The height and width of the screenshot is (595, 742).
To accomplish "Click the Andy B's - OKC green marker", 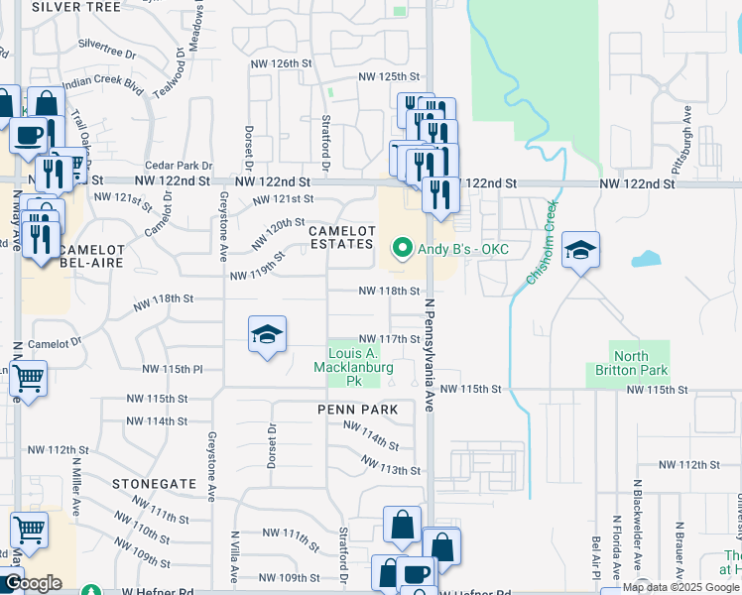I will (x=402, y=249).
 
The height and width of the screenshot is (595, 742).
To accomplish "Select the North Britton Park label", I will (x=640, y=364).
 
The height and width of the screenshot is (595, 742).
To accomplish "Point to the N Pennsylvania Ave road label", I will (x=431, y=342).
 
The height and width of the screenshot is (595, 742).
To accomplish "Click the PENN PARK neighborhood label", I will (x=357, y=409).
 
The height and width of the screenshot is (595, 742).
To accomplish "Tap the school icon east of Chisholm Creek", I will (x=580, y=251).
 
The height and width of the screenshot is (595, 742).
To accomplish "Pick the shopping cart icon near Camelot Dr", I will (x=29, y=378).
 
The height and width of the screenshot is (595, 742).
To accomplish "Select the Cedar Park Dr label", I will (x=180, y=166).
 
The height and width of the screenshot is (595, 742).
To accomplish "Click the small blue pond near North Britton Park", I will (x=647, y=260).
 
